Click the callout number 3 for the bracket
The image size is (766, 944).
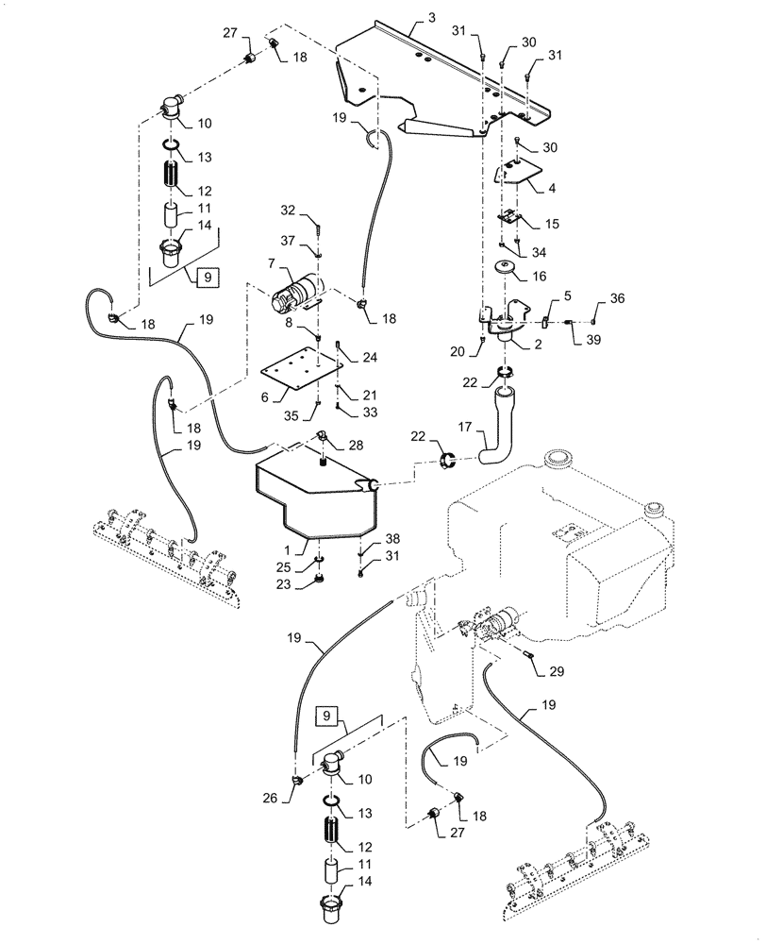(431, 18)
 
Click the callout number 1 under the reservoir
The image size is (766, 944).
(302, 547)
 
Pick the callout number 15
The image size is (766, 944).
(553, 224)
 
